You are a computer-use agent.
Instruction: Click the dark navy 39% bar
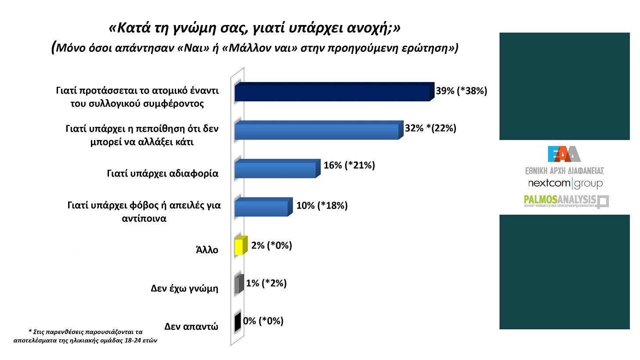pos(332,93)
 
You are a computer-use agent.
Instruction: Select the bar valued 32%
pos(316,131)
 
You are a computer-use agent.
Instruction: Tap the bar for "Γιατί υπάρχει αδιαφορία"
pos(275,169)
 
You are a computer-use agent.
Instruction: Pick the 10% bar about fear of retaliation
pos(261,208)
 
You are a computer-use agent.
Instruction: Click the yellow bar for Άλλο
pos(239,247)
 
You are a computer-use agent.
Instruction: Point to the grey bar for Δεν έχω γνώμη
pos(238,285)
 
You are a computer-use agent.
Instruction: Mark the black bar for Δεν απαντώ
pos(237,323)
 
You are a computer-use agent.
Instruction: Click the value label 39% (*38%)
pos(461,91)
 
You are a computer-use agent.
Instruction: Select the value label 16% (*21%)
pos(349,165)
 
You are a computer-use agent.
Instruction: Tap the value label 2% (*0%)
pos(271,245)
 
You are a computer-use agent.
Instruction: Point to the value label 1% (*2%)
pos(266,283)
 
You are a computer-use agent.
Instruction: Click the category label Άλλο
pos(207,250)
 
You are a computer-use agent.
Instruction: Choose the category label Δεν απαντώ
pos(191,326)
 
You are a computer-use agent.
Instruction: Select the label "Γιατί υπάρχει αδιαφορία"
pos(163,173)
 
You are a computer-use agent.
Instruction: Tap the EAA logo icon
pos(564,154)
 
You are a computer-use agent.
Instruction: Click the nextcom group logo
pos(565,183)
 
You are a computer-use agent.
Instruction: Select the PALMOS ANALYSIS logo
pos(566,201)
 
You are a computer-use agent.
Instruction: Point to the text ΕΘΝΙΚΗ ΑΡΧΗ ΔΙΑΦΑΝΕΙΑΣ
pos(564,171)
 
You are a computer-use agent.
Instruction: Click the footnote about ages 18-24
pos(85,336)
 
